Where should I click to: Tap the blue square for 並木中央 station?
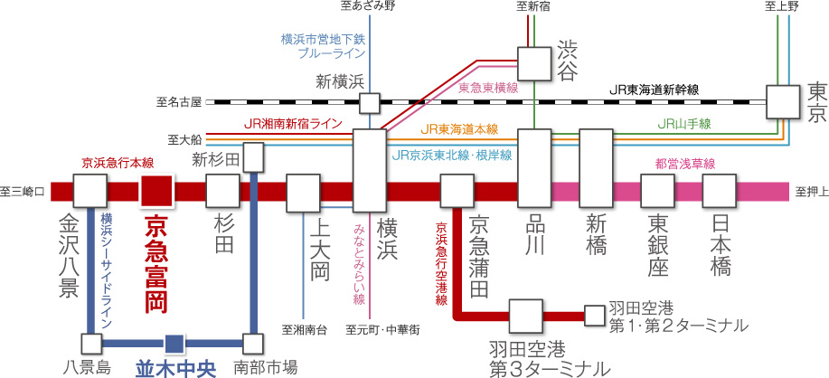(174, 344)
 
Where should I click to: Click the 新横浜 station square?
(369, 101)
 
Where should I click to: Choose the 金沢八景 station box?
(90, 192)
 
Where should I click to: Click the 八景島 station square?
(90, 344)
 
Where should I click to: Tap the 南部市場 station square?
(253, 344)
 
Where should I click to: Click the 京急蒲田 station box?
(457, 192)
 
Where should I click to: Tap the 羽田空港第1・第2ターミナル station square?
(594, 315)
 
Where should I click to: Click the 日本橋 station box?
(720, 192)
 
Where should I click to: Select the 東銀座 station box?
(657, 192)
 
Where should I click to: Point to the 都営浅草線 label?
(684, 164)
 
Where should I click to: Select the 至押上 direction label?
(809, 192)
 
